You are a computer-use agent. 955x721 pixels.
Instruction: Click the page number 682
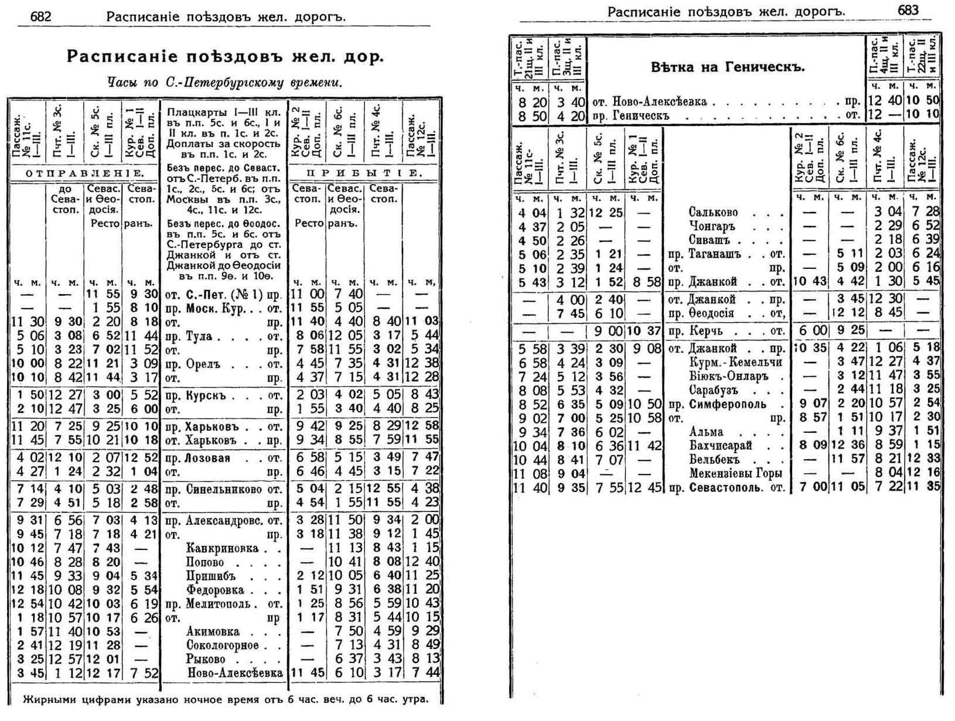click(x=40, y=16)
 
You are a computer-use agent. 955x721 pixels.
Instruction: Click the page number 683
click(x=908, y=11)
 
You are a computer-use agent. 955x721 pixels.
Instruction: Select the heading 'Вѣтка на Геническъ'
click(x=728, y=67)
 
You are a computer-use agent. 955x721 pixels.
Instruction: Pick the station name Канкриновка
click(x=222, y=548)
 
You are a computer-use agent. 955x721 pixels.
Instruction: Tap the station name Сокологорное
click(x=222, y=645)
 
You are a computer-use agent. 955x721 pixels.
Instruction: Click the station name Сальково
click(x=712, y=213)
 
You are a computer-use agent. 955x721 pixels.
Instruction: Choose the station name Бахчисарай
click(x=720, y=446)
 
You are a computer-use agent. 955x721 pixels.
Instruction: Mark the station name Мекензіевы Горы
click(x=735, y=473)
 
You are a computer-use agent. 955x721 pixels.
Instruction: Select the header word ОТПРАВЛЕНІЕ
click(x=85, y=173)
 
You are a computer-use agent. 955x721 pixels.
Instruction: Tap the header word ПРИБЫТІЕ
click(x=364, y=173)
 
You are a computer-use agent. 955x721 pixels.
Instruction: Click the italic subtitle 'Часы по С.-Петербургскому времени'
click(x=224, y=83)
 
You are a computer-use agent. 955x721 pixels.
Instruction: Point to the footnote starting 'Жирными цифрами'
click(x=226, y=699)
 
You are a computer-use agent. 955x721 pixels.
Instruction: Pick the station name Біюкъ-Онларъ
click(x=728, y=376)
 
